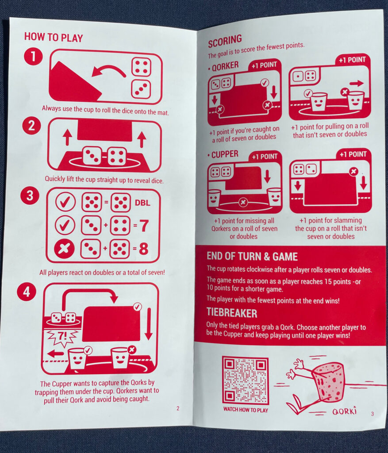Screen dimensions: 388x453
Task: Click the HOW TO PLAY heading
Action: [54, 37]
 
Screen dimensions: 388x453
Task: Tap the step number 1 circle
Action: [33, 56]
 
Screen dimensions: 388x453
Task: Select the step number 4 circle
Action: [26, 292]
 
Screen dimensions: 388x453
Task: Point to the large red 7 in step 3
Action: [144, 226]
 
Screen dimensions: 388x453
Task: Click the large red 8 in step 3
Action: [144, 249]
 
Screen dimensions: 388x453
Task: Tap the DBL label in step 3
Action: [143, 203]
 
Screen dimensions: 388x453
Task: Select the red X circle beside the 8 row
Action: [64, 249]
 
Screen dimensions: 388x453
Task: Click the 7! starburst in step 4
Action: [62, 336]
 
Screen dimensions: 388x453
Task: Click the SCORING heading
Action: [225, 41]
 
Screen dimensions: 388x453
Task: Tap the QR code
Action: [246, 380]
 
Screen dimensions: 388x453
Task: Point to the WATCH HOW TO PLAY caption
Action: [246, 410]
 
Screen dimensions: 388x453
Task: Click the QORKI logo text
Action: [344, 411]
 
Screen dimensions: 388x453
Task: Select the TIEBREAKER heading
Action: [232, 313]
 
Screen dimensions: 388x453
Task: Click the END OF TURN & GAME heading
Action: [252, 256]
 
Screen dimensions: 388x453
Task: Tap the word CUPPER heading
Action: [225, 154]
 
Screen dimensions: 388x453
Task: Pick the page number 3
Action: [373, 414]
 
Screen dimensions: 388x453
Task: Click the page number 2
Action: [178, 408]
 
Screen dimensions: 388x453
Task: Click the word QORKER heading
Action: [225, 66]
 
